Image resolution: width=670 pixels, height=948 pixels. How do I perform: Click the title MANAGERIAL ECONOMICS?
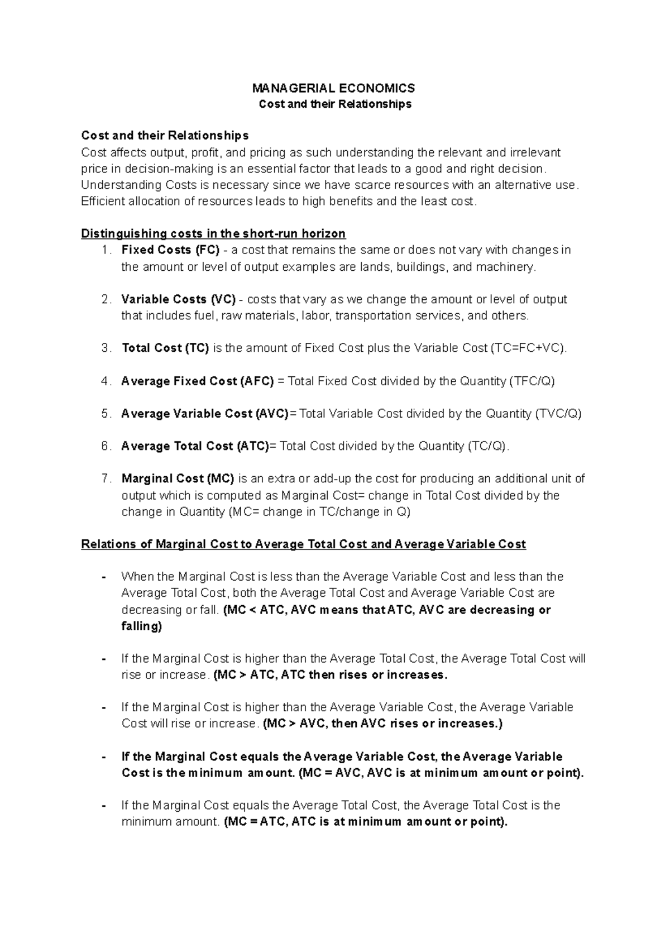point(333,88)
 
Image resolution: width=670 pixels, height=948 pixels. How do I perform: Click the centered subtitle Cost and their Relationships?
point(335,104)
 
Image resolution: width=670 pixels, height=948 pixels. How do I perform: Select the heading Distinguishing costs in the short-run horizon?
point(213,233)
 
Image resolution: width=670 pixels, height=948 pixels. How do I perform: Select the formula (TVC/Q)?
point(558,414)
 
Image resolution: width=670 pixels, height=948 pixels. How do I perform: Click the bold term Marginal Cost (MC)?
point(178,478)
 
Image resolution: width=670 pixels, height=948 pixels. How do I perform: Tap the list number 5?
point(106,414)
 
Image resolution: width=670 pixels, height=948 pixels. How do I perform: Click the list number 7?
point(106,478)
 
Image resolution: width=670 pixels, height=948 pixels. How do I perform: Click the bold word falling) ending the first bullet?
point(141,626)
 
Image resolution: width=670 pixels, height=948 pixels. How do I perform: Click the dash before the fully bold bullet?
point(104,758)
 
